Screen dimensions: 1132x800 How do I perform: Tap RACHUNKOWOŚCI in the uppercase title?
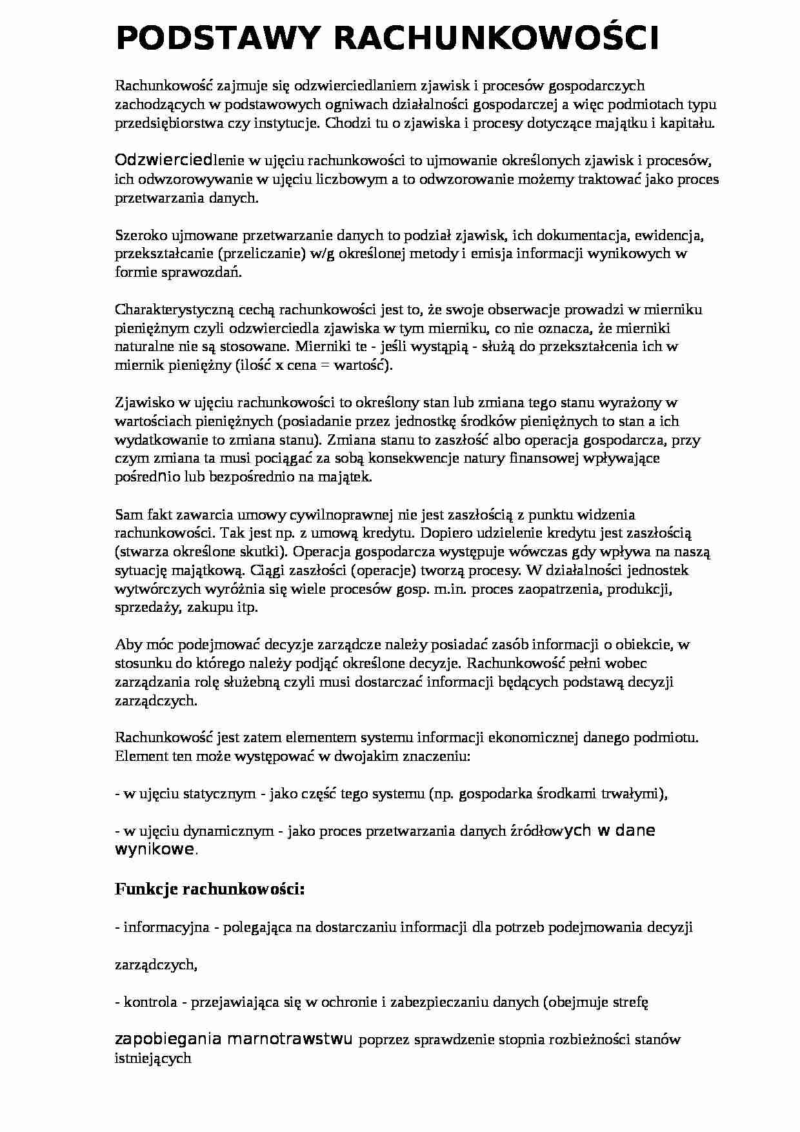[x=497, y=38]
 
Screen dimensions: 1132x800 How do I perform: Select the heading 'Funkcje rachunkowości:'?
[x=210, y=889]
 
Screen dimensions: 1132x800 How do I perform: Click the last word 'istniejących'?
[x=153, y=1058]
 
